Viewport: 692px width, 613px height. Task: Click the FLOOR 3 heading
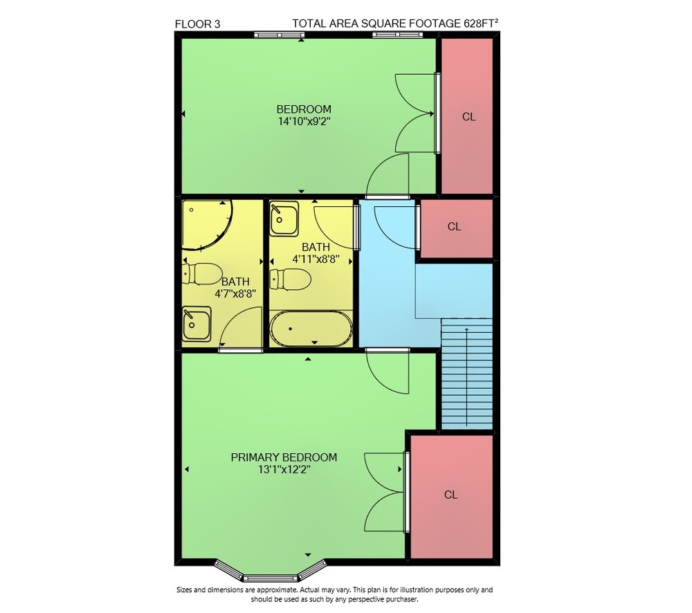(197, 24)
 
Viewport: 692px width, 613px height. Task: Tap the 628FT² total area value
(481, 23)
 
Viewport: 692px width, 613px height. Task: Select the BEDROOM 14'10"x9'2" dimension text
(304, 115)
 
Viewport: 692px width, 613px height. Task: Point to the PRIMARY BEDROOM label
(284, 457)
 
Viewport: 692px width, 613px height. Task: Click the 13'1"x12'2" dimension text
(284, 469)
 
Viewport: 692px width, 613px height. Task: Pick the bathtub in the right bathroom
(311, 329)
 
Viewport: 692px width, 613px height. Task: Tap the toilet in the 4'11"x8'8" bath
(291, 280)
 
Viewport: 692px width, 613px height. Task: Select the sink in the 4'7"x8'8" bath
(197, 324)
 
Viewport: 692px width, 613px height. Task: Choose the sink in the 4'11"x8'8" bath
(284, 219)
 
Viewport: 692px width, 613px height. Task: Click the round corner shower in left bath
(206, 226)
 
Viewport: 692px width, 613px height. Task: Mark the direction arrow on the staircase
(466, 377)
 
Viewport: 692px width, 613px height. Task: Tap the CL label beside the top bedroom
(468, 117)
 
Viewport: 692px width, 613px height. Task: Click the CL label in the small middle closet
(454, 227)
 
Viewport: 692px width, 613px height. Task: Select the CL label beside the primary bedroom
(450, 495)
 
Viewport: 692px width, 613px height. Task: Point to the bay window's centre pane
(271, 578)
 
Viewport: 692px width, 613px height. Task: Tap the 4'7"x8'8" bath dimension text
(235, 293)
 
